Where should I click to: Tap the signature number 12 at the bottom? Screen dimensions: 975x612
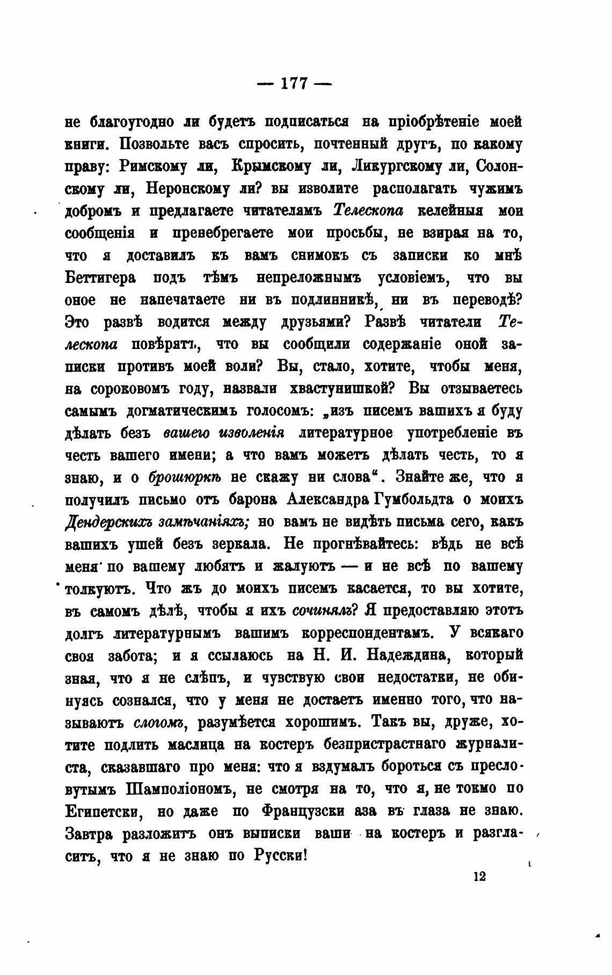coord(479,877)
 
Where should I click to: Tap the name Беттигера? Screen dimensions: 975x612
coord(100,278)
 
